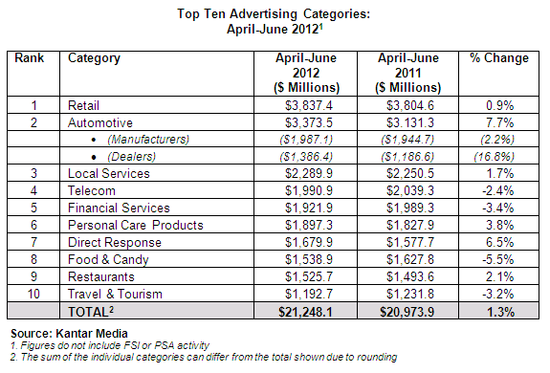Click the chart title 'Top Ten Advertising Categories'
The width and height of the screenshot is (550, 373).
[x=275, y=15]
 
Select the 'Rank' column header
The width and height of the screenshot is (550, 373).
[x=31, y=58]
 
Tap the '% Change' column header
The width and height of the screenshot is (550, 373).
[x=498, y=58]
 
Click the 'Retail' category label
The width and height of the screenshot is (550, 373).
[x=86, y=104]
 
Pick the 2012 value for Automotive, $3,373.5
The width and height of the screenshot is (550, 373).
[x=306, y=121]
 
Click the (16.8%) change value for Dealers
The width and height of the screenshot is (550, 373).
[x=499, y=156]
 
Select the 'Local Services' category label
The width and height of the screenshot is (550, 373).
[x=109, y=173]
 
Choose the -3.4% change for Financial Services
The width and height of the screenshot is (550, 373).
[x=499, y=208]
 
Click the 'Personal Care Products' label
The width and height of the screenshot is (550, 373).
[x=136, y=225]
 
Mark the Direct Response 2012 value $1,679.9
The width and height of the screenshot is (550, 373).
[x=306, y=242]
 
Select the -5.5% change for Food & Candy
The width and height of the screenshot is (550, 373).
[x=499, y=259]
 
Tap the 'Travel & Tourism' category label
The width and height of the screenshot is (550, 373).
[x=116, y=294]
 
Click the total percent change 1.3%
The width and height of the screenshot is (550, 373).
[x=499, y=312]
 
